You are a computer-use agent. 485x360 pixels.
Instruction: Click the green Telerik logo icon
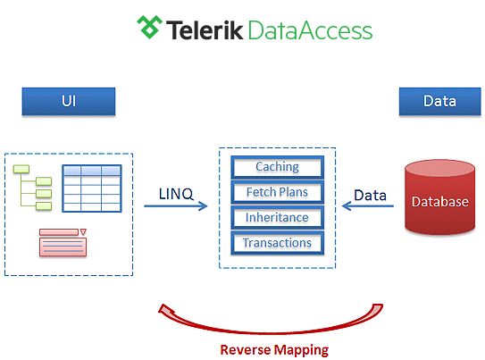point(149,27)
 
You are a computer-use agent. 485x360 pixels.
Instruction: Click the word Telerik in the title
point(205,30)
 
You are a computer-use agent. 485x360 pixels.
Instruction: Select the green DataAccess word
point(310,30)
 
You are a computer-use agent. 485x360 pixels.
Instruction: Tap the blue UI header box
point(69,102)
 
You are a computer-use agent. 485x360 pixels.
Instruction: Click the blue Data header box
point(439,102)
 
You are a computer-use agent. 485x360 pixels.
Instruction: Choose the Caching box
point(278,167)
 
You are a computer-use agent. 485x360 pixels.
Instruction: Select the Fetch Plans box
point(278,192)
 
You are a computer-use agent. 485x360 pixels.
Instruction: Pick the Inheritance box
point(278,218)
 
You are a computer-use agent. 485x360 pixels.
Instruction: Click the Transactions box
point(278,243)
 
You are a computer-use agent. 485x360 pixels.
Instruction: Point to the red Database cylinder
point(439,197)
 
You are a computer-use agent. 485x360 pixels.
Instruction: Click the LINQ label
point(176,194)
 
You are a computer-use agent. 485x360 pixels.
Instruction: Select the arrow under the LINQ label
point(176,206)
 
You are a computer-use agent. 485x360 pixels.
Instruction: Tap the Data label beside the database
point(371,196)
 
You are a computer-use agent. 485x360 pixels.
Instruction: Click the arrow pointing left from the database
point(368,206)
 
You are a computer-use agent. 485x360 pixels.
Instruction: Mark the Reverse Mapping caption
point(274,350)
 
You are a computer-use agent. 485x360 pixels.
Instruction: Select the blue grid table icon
point(92,188)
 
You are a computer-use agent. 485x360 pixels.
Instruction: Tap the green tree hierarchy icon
point(32,188)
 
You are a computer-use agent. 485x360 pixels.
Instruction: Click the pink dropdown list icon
point(63,243)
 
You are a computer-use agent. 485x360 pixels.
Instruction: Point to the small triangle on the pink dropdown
point(83,231)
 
